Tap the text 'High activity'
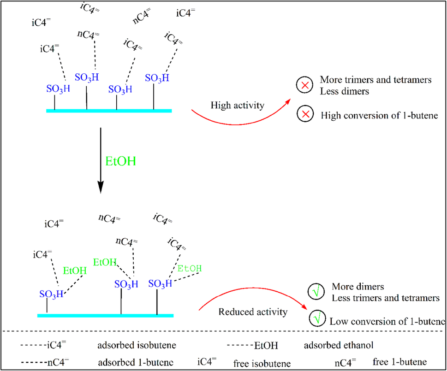[238, 106]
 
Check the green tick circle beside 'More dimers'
[316, 292]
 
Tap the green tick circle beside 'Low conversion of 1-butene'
[317, 319]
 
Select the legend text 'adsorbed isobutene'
[131, 345]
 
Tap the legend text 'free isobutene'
[262, 364]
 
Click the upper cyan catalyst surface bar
[109, 111]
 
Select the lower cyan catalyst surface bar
[105, 315]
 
